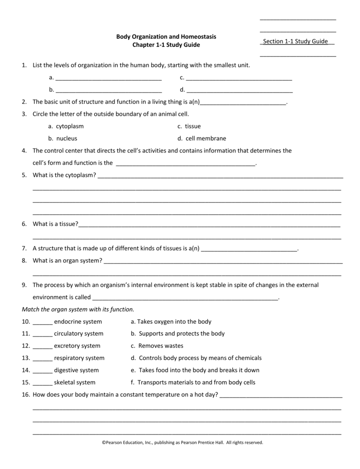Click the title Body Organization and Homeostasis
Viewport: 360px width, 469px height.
[166, 36]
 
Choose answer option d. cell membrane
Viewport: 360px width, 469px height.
[202, 138]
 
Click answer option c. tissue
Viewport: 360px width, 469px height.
[190, 126]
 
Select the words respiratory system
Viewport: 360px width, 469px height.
[79, 358]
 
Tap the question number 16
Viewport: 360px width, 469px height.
[25, 394]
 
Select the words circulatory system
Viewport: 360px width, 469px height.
[78, 333]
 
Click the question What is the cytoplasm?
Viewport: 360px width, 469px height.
[64, 175]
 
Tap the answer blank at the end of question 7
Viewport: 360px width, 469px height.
[249, 250]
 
